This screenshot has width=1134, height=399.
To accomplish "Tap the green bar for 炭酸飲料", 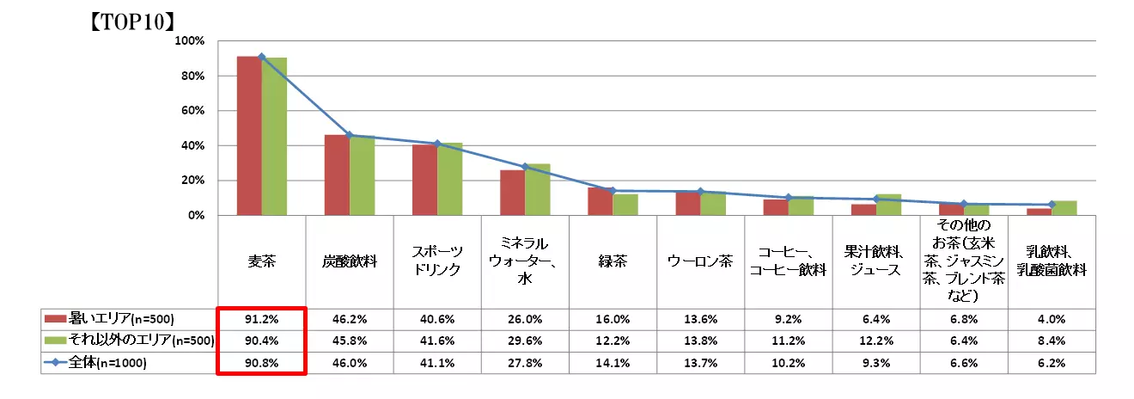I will click(x=362, y=175).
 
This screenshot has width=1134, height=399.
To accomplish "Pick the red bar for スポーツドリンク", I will click(x=424, y=181).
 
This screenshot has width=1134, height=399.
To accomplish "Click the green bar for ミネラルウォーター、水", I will click(x=538, y=190).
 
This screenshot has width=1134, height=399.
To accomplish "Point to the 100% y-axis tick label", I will click(x=189, y=41).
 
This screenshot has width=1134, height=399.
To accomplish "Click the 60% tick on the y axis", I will click(x=192, y=111).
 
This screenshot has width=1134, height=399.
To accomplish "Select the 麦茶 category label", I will click(x=261, y=261).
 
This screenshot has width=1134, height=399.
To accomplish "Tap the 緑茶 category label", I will click(x=613, y=261).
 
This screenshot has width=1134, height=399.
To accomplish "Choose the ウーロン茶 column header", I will click(x=700, y=261).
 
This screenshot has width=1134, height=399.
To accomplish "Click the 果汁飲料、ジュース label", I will click(x=875, y=261).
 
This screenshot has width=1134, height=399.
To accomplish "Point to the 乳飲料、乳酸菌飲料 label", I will click(x=1051, y=261).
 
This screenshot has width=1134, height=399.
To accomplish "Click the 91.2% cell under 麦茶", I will click(x=261, y=317).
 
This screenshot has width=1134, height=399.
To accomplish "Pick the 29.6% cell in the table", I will click(x=524, y=341).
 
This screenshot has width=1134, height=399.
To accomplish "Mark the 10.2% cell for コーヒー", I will click(x=787, y=363).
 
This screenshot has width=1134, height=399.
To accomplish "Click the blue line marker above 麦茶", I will click(x=261, y=57).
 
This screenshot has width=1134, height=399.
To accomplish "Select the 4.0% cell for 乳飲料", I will click(x=1051, y=317).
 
